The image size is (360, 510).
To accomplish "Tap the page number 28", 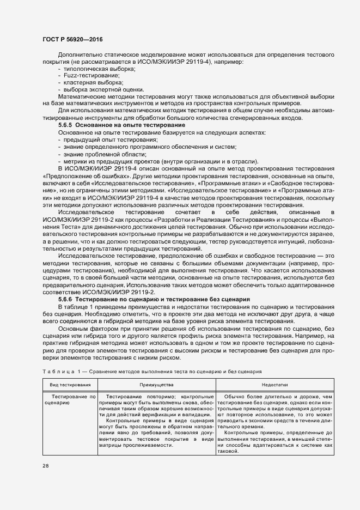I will [x=45, y=466].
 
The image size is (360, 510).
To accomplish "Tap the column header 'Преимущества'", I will [x=156, y=385].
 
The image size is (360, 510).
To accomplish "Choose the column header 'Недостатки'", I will [x=275, y=385].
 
